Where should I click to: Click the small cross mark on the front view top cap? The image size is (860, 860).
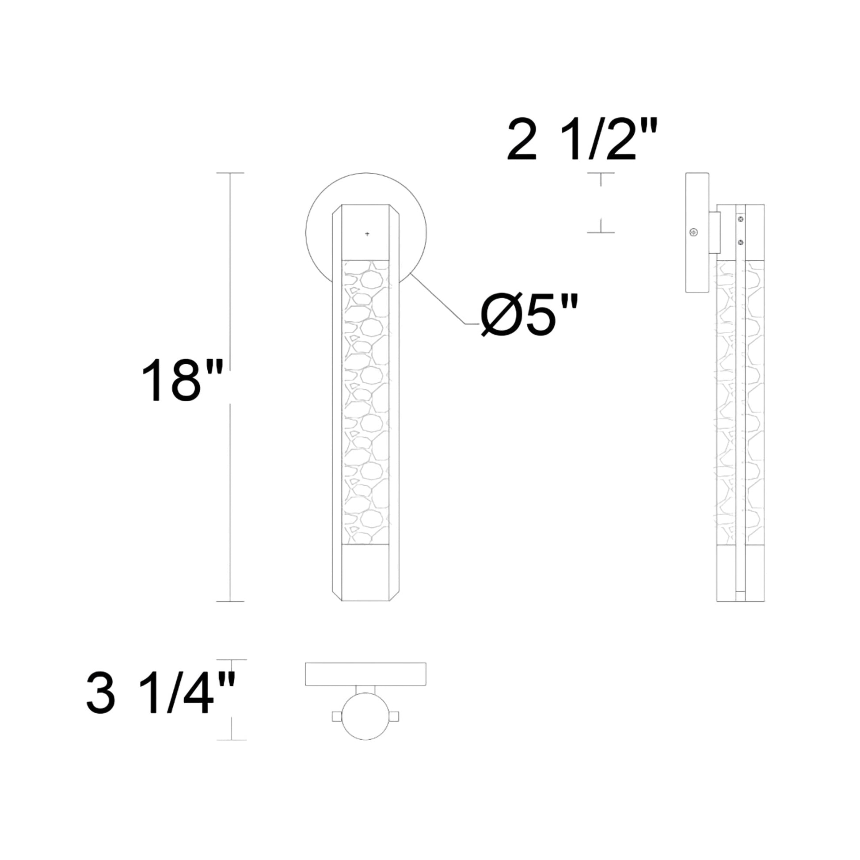tap(367, 234)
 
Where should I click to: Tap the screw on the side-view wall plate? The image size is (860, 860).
tap(693, 232)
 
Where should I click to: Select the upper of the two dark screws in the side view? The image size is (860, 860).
tap(741, 219)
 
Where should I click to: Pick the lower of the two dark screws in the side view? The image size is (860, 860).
tap(741, 242)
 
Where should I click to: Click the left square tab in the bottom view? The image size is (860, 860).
tap(337, 716)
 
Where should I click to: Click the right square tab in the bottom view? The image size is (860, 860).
tap(394, 716)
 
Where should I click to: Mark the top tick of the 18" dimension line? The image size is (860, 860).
tap(230, 173)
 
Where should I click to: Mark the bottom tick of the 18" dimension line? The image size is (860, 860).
tap(230, 602)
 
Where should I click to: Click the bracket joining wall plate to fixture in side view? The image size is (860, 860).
tap(715, 232)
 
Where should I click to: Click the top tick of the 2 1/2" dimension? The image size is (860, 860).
tap(601, 173)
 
